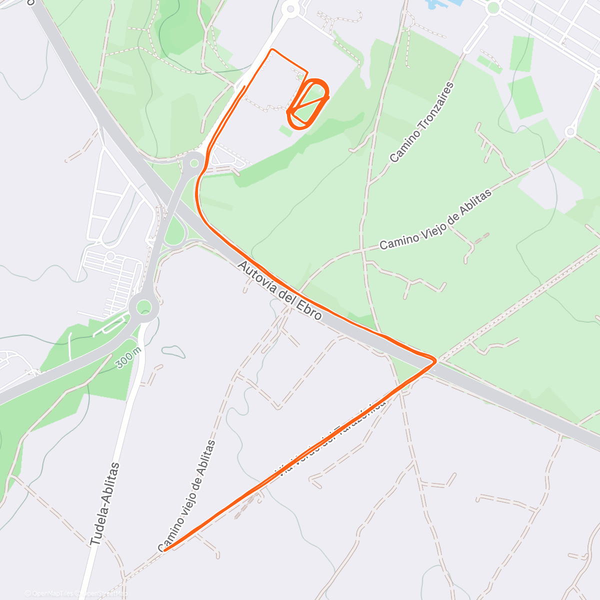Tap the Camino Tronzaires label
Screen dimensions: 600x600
pyautogui.click(x=422, y=123)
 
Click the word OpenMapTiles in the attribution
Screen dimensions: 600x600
pyautogui.click(x=52, y=593)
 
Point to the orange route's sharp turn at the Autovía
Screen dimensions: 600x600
pyautogui.click(x=435, y=359)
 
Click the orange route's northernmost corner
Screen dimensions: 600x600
pyautogui.click(x=272, y=49)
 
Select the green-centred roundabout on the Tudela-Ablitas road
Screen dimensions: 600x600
pyautogui.click(x=144, y=306)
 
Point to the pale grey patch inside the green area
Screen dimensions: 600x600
pyautogui.click(x=550, y=185)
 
